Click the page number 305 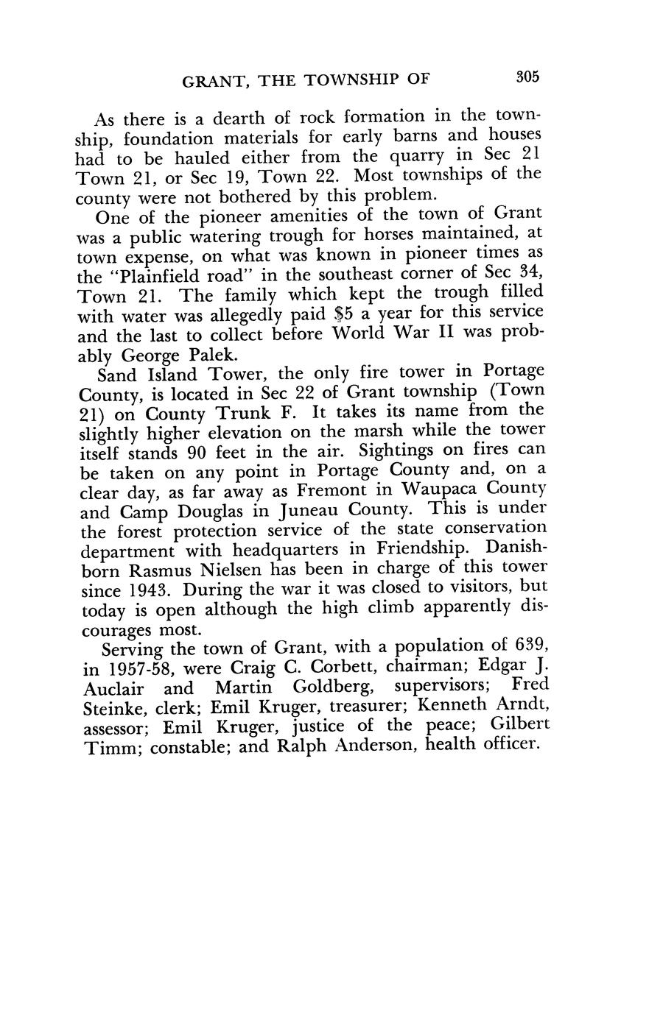click(x=528, y=77)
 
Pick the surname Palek click(x=214, y=354)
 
